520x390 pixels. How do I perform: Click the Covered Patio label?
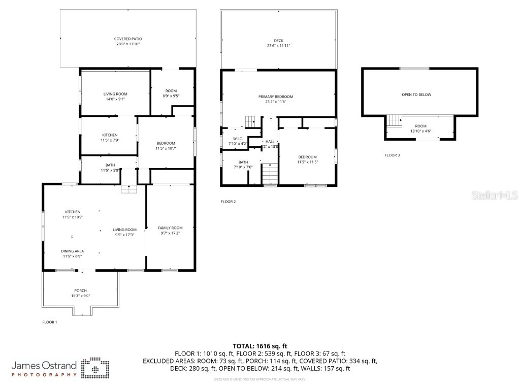pos(127,39)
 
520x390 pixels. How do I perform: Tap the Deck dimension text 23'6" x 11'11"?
pos(278,46)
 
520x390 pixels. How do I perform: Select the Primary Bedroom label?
pos(276,96)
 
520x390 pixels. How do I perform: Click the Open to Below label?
pos(419,94)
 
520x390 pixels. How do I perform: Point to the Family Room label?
pos(170,228)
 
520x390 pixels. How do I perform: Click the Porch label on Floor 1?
pos(80,290)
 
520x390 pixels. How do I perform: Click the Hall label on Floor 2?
pos(270,141)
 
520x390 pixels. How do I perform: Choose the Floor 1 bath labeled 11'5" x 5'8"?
pos(110,168)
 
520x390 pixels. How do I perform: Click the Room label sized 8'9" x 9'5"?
pos(171,93)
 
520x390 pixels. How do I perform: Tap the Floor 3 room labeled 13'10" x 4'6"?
pos(420,128)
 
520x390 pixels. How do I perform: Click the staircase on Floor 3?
pos(394,121)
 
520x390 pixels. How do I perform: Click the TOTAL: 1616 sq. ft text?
pos(260,346)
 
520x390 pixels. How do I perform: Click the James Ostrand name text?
pos(44,365)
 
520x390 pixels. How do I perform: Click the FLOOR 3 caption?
pos(392,155)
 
